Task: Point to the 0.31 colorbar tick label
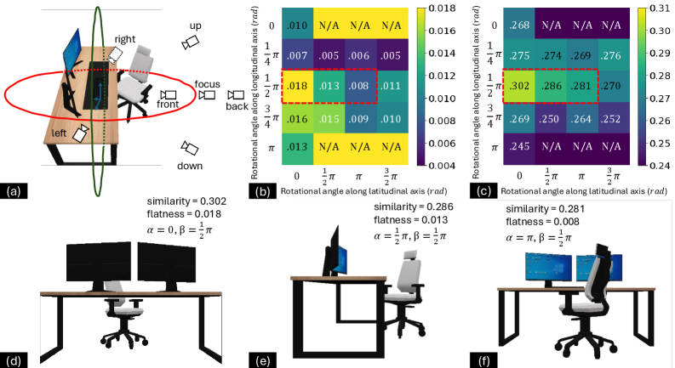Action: coord(658,8)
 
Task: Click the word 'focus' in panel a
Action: coord(207,84)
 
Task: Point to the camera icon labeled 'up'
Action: coord(192,40)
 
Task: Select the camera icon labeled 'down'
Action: coord(189,147)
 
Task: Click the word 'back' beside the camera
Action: coord(237,106)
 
